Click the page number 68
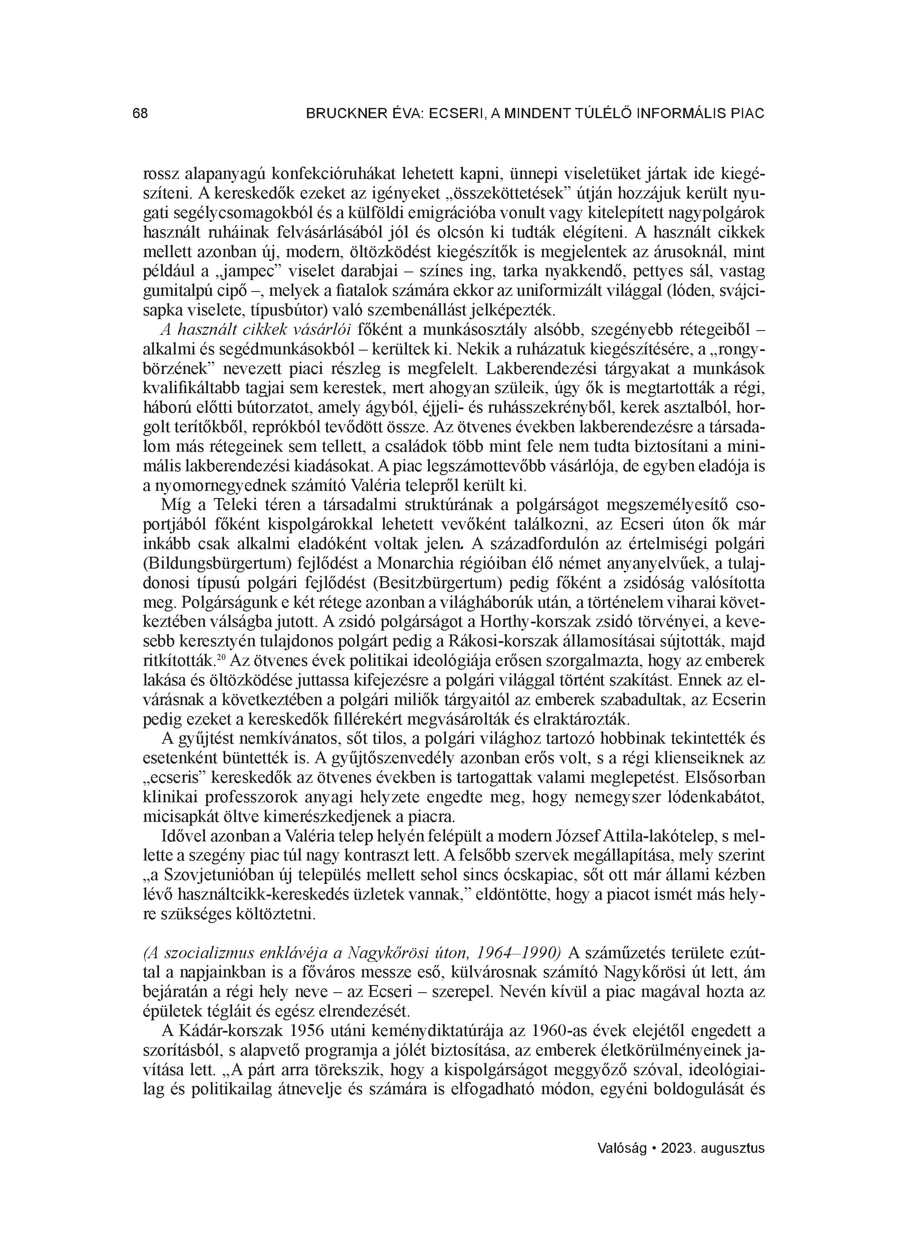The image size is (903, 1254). tap(140, 114)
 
